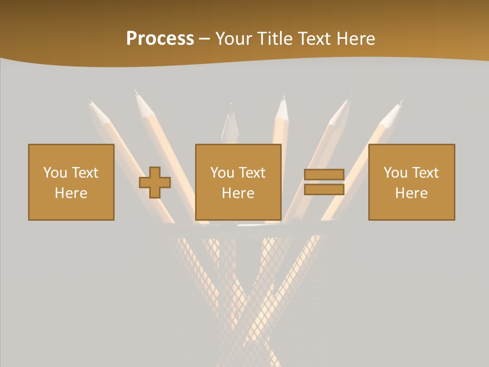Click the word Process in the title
pyautogui.click(x=160, y=39)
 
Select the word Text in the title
pyautogui.click(x=314, y=39)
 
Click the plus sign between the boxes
pyautogui.click(x=155, y=182)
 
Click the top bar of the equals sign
pyautogui.click(x=324, y=175)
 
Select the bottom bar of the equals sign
pyautogui.click(x=324, y=189)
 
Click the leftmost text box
pyautogui.click(x=71, y=182)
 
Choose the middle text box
pyautogui.click(x=238, y=182)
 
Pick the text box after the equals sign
pyautogui.click(x=412, y=182)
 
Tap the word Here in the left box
pyautogui.click(x=71, y=193)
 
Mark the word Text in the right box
pyautogui.click(x=425, y=173)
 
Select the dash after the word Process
pyautogui.click(x=204, y=39)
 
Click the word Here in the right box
pyautogui.click(x=411, y=193)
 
